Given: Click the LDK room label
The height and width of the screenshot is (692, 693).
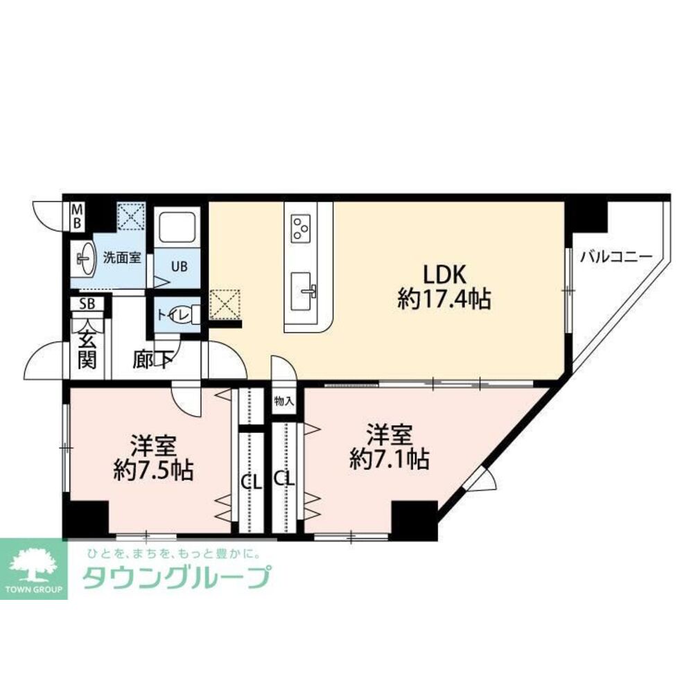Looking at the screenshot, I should click(x=444, y=274).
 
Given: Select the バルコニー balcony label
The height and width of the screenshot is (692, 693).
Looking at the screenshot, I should click(x=616, y=256).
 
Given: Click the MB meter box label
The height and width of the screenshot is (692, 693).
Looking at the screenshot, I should click(x=78, y=216).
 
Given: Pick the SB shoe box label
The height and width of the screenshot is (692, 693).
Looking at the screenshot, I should click(x=87, y=303).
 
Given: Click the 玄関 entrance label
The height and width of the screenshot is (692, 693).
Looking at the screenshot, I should click(x=87, y=350).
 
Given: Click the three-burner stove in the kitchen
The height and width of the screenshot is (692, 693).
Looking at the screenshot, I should click(x=301, y=228).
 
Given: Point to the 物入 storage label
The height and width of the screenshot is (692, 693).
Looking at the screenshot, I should click(x=284, y=401).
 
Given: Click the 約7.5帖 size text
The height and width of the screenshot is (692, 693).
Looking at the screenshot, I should click(x=153, y=471).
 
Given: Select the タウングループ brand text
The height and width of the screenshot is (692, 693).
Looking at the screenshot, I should click(x=176, y=577).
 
